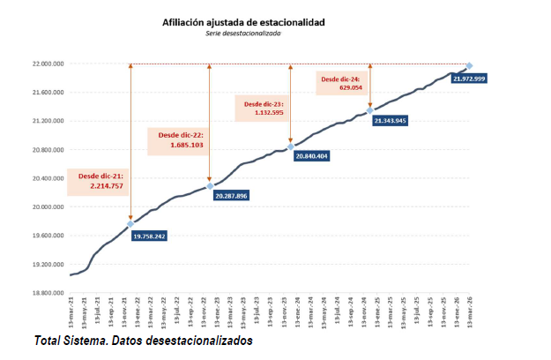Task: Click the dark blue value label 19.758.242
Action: pos(149,236)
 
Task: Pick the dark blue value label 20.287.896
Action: pos(230,195)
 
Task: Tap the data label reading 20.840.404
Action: pos(309,155)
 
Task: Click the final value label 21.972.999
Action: pos(468,79)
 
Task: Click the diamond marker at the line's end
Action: pos(469,66)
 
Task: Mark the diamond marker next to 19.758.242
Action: pos(130,224)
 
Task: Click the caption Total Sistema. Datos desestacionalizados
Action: pos(144,341)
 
